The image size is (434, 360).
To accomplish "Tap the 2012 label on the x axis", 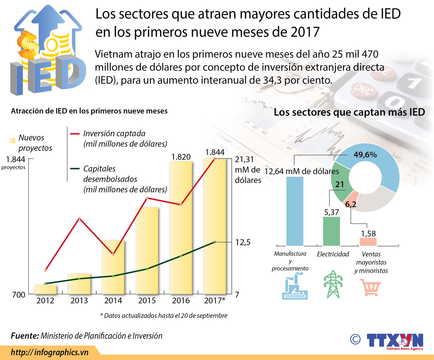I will point(45,301).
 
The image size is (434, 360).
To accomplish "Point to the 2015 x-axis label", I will point(147,301).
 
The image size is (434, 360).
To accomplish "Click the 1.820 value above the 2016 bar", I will point(181,157).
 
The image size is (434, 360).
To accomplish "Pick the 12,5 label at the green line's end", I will point(243,242).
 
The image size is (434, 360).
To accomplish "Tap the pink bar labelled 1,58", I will point(368,242).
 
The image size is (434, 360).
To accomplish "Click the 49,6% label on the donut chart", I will point(365,155).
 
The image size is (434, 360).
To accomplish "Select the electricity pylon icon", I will point(333,284).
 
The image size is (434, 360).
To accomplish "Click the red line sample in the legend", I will point(75,134).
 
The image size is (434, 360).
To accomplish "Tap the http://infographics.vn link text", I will point(50,352).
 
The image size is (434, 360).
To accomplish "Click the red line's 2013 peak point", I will point(79,218).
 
